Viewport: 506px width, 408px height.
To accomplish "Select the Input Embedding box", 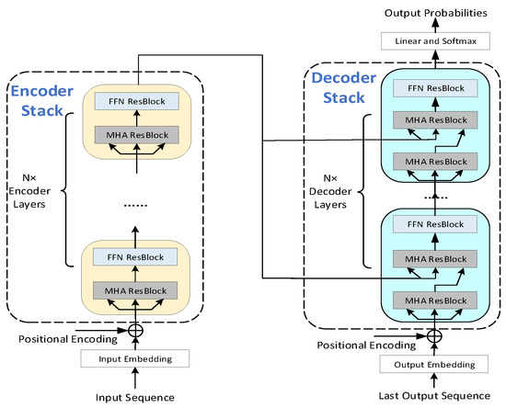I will click(137, 357).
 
